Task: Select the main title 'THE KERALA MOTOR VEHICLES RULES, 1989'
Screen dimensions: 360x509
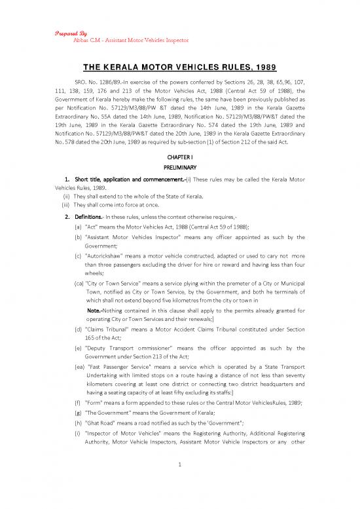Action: pos(179,67)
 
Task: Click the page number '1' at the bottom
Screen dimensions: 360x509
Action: pos(180,483)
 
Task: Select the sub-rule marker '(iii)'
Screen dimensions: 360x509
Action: pos(65,206)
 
